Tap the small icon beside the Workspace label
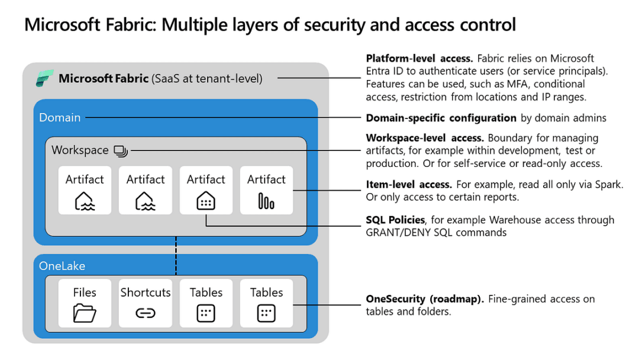click(x=121, y=151)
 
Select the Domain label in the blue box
click(x=60, y=117)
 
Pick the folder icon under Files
click(x=85, y=313)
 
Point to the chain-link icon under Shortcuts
click(x=146, y=313)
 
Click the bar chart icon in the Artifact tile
click(x=266, y=201)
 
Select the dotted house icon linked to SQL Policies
click(x=206, y=201)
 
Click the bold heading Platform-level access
click(x=419, y=58)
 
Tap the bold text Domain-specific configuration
click(x=441, y=118)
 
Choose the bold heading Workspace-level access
click(x=425, y=138)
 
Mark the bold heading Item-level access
click(x=409, y=185)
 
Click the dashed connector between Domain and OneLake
click(x=176, y=252)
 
